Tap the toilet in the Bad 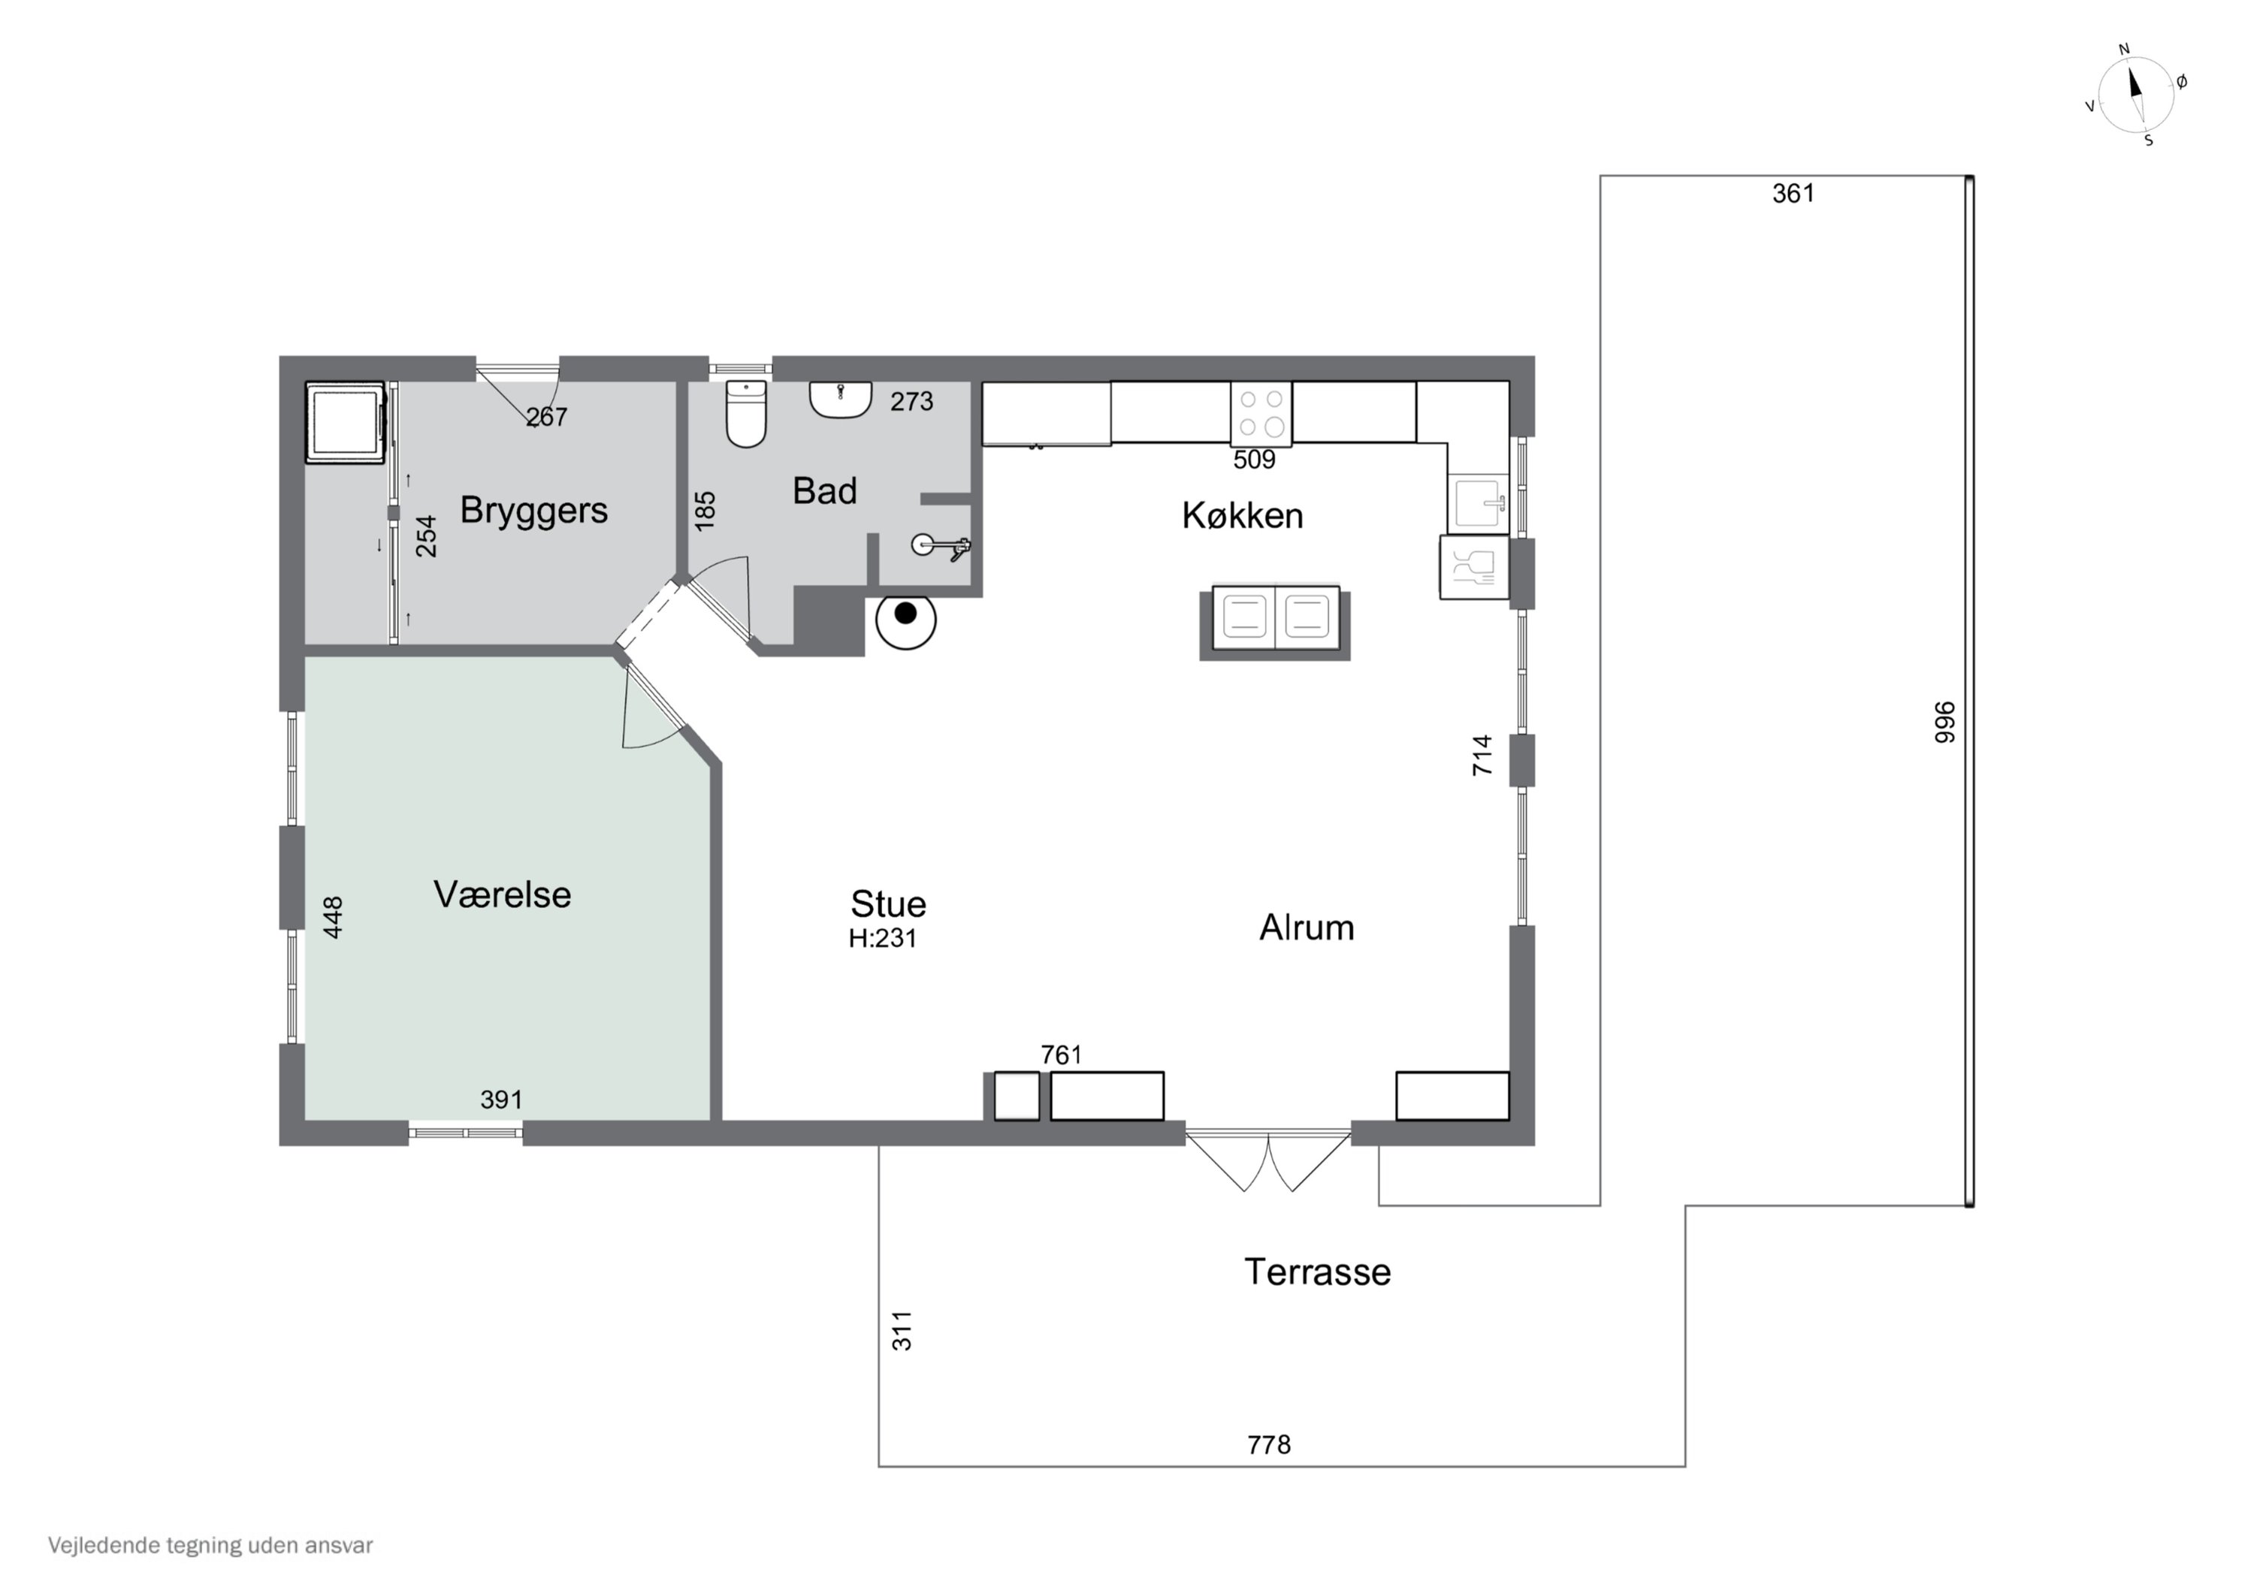click(x=746, y=413)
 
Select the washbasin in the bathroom click(x=840, y=400)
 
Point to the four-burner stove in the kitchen click(x=1261, y=413)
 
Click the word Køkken click(x=1242, y=515)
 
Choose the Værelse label click(x=502, y=895)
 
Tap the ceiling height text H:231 click(x=883, y=938)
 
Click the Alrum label click(x=1307, y=928)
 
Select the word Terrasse click(x=1317, y=1272)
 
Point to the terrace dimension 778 click(x=1268, y=1445)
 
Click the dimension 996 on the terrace click(x=1944, y=722)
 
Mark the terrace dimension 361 click(x=1793, y=193)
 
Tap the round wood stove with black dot click(x=905, y=620)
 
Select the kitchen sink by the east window click(x=1477, y=503)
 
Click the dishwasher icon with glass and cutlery click(x=1473, y=566)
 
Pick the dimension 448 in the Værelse click(x=333, y=917)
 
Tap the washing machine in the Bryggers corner click(x=345, y=422)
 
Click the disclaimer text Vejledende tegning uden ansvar click(x=210, y=1545)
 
